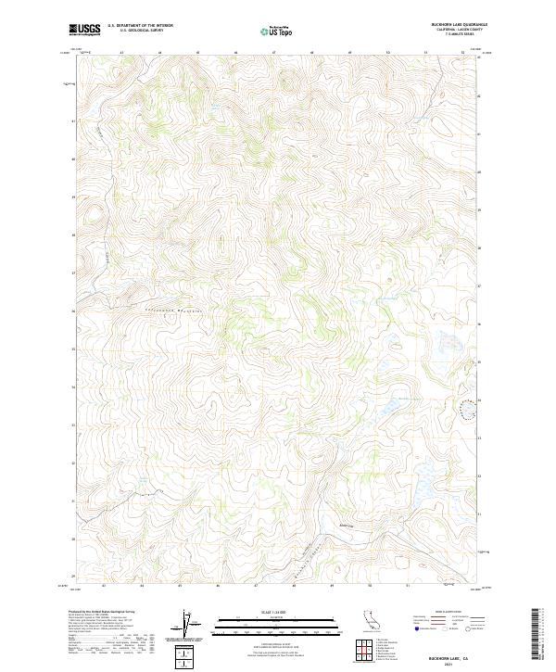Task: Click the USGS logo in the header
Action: point(85,31)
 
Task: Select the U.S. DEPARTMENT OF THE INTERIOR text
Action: point(140,26)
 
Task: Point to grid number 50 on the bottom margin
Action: point(370,586)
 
